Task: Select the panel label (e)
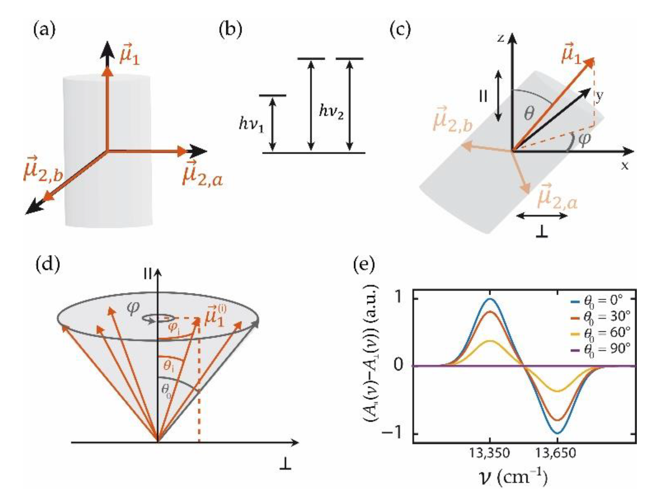(364, 265)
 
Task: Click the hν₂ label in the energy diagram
(331, 112)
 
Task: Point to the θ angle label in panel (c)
(529, 114)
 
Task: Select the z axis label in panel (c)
(501, 37)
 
